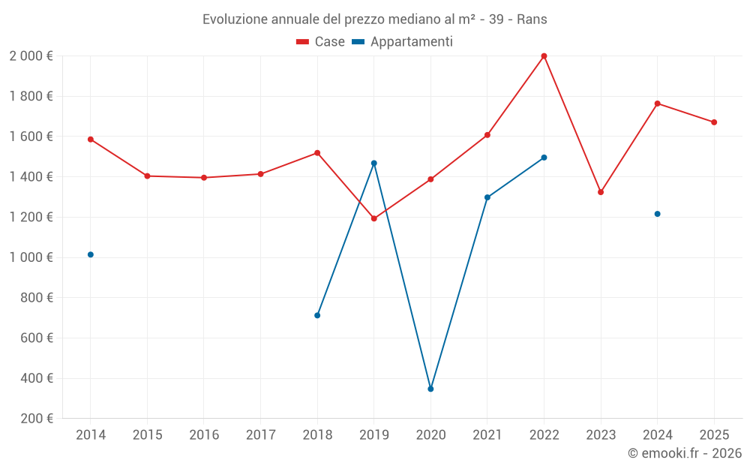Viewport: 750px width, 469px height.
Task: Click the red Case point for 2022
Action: click(544, 56)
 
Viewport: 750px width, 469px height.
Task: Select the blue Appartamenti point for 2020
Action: click(430, 389)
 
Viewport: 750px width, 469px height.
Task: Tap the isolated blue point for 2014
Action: click(91, 254)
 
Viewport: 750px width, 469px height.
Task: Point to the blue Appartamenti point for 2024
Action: click(657, 214)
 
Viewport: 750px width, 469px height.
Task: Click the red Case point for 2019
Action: click(373, 218)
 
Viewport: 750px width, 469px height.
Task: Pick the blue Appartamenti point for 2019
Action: click(373, 163)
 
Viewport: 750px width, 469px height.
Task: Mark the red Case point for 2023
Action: click(601, 192)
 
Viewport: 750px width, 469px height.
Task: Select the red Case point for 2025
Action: click(714, 122)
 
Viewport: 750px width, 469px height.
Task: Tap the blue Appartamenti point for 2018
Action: click(317, 315)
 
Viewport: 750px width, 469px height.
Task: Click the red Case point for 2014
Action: click(91, 140)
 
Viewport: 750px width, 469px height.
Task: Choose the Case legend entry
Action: click(321, 42)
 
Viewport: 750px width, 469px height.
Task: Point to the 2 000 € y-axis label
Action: click(31, 56)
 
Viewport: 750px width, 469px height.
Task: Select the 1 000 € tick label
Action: click(31, 257)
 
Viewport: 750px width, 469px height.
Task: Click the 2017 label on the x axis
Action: click(260, 435)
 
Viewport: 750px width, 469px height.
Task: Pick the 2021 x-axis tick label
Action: click(487, 435)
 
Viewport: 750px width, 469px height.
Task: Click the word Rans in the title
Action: click(532, 20)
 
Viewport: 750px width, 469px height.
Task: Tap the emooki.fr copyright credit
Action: click(685, 453)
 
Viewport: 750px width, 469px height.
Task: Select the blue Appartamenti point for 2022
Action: click(544, 158)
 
